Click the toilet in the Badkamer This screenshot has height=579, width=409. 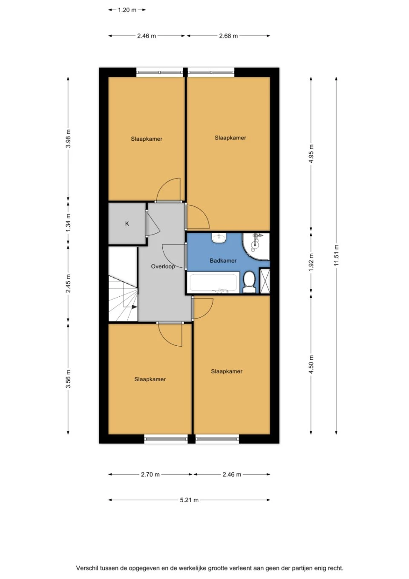pyautogui.click(x=249, y=282)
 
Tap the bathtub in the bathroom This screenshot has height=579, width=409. pyautogui.click(x=213, y=283)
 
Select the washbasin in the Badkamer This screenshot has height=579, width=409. pyautogui.click(x=219, y=238)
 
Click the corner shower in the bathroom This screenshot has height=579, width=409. pyautogui.click(x=256, y=246)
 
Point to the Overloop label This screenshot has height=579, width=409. pyautogui.click(x=163, y=266)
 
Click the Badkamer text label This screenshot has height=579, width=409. pyautogui.click(x=223, y=261)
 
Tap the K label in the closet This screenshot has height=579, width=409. pyautogui.click(x=127, y=223)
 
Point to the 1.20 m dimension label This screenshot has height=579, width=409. pyautogui.click(x=127, y=10)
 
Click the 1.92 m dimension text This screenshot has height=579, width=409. pyautogui.click(x=311, y=262)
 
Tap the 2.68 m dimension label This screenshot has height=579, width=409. pyautogui.click(x=228, y=36)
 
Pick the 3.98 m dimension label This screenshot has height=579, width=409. pyautogui.click(x=69, y=139)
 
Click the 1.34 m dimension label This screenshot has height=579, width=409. pyautogui.click(x=69, y=223)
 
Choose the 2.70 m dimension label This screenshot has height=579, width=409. pyautogui.click(x=150, y=474)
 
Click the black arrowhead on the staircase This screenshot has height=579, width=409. pyautogui.click(x=135, y=307)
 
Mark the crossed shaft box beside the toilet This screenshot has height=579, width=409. pyautogui.click(x=265, y=281)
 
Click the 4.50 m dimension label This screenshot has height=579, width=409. pyautogui.click(x=311, y=365)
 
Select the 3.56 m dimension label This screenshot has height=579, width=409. pyautogui.click(x=69, y=379)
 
